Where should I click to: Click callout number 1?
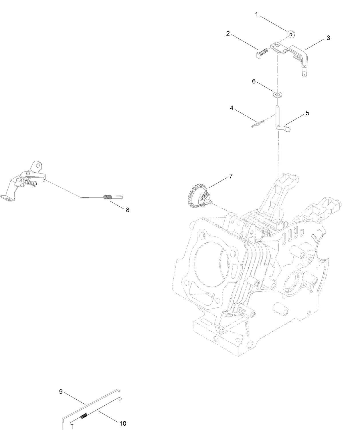[x=256, y=15]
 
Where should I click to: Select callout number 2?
[x=228, y=33]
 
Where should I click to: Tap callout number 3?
[x=328, y=38]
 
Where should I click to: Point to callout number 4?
[x=232, y=108]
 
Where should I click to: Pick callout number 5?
[x=307, y=113]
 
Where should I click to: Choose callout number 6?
[x=254, y=81]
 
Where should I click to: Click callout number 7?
[x=231, y=176]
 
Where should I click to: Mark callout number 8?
[x=128, y=210]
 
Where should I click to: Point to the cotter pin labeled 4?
[x=257, y=124]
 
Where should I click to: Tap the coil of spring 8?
[x=108, y=197]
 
